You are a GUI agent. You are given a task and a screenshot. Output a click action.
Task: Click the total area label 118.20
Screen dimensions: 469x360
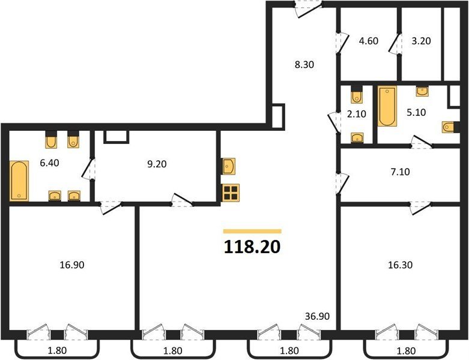pos(252,247)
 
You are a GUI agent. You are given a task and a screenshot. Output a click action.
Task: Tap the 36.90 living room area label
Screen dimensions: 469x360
pos(317,316)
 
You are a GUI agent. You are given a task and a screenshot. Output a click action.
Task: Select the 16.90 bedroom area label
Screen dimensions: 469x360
pos(72,265)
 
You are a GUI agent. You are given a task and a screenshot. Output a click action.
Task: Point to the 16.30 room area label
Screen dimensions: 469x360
pos(400,265)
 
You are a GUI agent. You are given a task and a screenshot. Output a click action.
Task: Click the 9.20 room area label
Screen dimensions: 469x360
pos(157,164)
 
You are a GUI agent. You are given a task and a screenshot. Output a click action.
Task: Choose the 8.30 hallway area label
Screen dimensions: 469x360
pos(304,65)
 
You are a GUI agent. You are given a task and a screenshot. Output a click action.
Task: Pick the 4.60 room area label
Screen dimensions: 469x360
pos(369,41)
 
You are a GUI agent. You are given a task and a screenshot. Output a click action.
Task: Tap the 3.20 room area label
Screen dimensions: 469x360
pos(421,41)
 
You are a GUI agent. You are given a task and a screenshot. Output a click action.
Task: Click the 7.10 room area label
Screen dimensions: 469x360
pos(400,172)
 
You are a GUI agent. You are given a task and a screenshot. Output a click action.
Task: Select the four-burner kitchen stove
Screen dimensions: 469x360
pos(231,193)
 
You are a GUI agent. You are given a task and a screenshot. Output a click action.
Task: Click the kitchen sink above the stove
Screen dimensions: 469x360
pos(229,166)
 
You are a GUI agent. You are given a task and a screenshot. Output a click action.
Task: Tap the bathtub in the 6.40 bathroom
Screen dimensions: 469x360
pos(19,181)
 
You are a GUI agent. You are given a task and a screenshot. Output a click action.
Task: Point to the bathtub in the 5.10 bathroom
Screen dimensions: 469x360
pos(387,106)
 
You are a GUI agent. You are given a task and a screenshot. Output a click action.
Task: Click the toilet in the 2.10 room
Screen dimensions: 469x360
pos(356,95)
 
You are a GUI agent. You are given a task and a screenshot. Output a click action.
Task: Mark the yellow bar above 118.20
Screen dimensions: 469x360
pos(252,231)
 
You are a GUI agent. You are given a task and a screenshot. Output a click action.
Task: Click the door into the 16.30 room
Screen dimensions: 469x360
pos(420,208)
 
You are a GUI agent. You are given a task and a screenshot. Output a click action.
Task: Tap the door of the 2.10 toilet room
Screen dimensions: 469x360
pos(334,122)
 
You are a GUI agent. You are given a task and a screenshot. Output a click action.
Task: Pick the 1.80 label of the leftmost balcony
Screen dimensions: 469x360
pos(57,350)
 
